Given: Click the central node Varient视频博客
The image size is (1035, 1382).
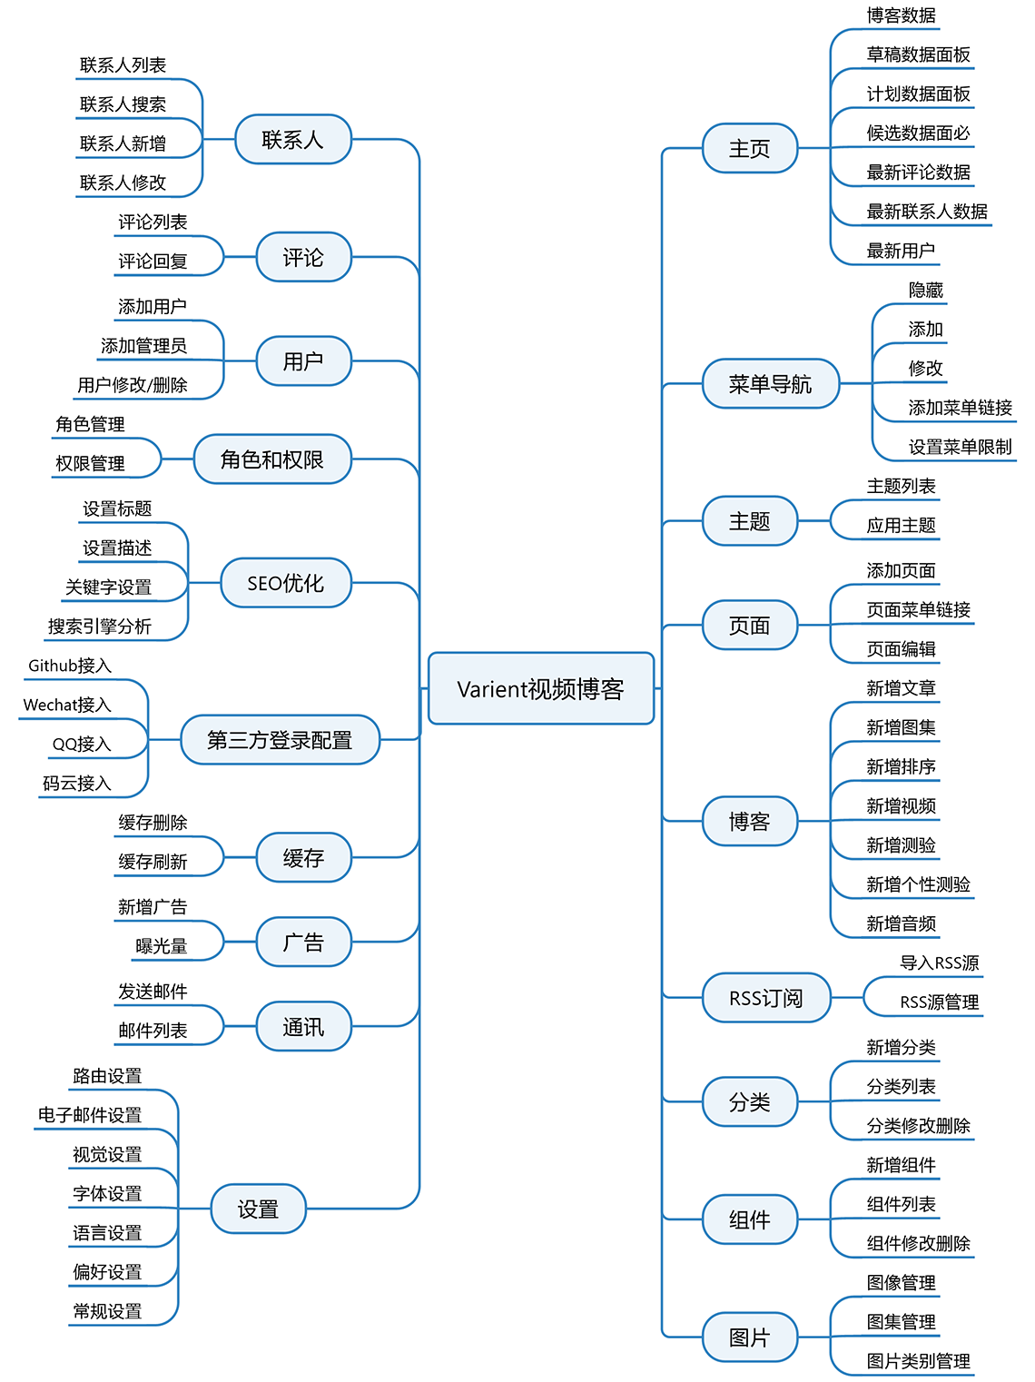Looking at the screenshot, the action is (541, 688).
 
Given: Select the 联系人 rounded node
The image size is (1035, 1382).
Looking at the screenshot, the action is (292, 139).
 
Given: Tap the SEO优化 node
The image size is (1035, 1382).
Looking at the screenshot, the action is (286, 583).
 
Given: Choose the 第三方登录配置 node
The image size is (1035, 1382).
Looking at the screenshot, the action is (281, 740).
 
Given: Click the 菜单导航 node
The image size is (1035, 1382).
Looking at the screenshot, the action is (771, 383).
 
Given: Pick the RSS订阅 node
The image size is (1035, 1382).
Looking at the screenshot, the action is (766, 998).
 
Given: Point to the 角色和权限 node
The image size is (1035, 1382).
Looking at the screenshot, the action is (272, 459).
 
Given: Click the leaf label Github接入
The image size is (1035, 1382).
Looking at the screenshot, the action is (70, 666).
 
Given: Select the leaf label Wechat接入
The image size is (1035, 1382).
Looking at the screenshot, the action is (67, 705).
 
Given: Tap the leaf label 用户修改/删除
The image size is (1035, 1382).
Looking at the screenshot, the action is (133, 385).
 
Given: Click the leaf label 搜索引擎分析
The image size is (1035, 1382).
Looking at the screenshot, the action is (100, 627).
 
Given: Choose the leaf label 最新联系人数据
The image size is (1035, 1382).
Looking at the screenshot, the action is (927, 212).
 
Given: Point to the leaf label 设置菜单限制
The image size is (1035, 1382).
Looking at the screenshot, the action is (960, 447).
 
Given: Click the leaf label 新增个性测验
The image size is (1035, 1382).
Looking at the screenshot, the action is (919, 884).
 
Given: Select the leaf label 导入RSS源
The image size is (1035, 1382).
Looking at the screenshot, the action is (940, 962).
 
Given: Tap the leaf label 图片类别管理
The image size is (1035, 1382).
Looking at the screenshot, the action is (919, 1361).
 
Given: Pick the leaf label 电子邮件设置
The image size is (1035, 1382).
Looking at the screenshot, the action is (89, 1115).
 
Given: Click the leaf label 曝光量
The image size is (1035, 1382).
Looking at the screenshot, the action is (162, 946).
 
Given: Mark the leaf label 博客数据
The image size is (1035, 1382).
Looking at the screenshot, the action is (901, 15).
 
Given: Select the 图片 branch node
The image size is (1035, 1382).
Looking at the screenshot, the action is (750, 1338).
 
